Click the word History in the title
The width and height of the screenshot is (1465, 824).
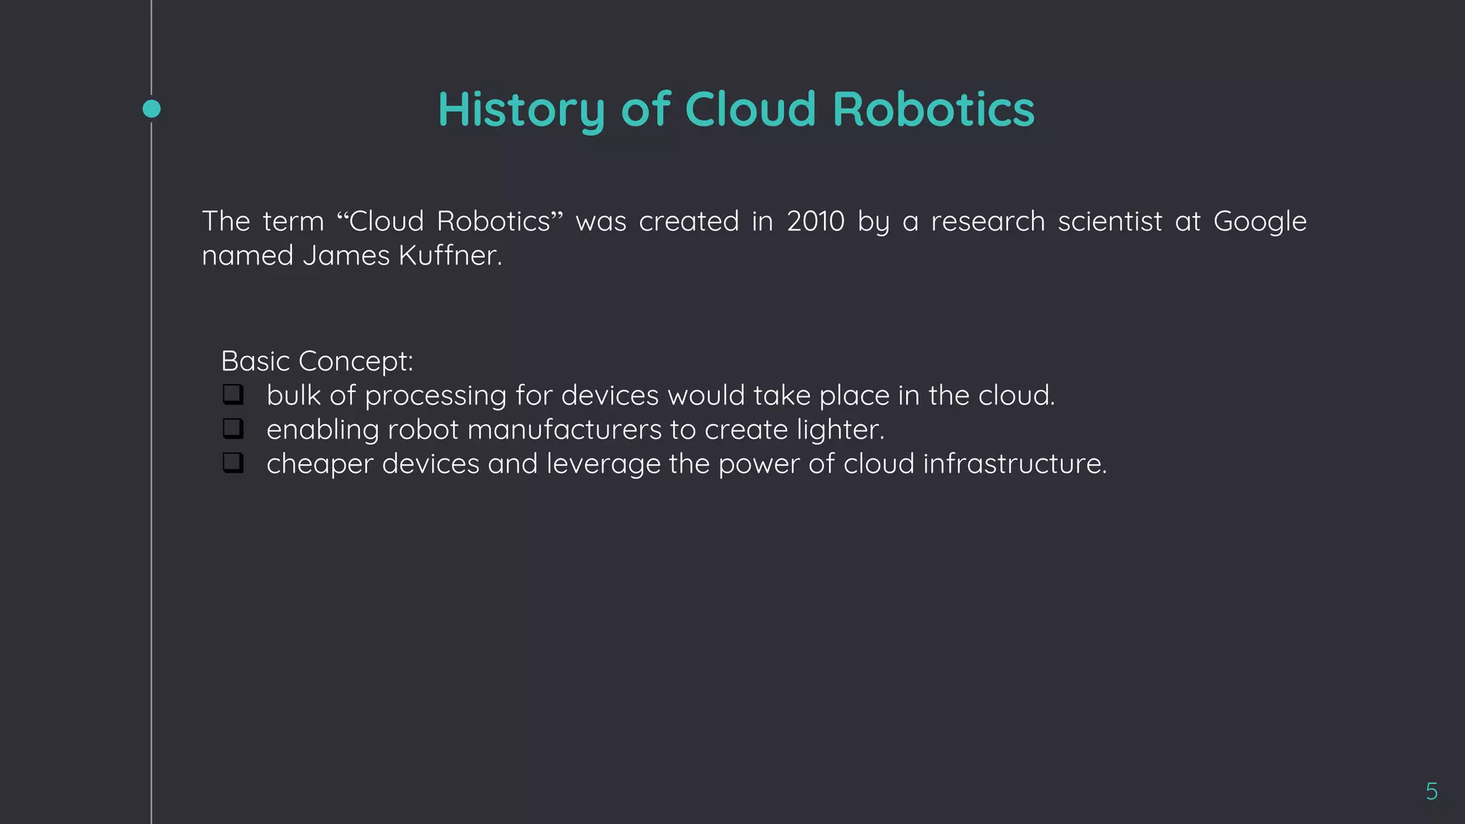click(x=521, y=109)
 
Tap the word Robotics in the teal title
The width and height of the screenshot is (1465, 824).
click(x=933, y=109)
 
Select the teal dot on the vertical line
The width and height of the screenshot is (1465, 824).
click(x=152, y=109)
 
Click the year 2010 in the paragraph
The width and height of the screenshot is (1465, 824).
click(x=815, y=222)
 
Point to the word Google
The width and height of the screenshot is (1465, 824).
click(x=1260, y=222)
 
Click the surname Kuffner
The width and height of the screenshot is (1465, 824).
click(x=450, y=256)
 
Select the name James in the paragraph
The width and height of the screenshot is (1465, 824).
click(x=346, y=256)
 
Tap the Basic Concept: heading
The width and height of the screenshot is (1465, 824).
click(x=317, y=361)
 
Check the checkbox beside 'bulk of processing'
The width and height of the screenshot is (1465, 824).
click(x=232, y=394)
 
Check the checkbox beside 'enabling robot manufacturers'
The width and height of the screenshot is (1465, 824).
click(x=232, y=428)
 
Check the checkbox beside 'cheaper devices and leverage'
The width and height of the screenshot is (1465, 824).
click(x=232, y=463)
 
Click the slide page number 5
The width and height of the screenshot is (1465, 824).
click(x=1431, y=791)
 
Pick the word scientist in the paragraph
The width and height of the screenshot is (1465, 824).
click(x=1109, y=222)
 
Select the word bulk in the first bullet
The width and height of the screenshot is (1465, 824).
click(x=293, y=396)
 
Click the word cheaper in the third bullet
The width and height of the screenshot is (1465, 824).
click(x=320, y=464)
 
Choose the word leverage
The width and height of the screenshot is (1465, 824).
click(x=603, y=464)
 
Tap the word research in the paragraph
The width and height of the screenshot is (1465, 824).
click(x=988, y=222)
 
